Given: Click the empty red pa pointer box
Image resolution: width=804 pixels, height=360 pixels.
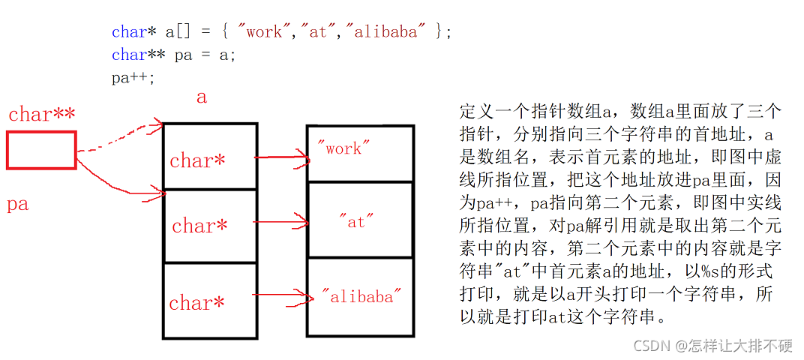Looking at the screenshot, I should click(x=41, y=150).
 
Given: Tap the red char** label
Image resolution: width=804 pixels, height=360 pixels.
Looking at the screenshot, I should click(x=42, y=114).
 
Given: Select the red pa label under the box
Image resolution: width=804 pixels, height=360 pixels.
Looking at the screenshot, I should click(x=17, y=203).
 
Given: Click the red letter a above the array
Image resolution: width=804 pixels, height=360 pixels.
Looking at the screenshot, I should click(x=201, y=97).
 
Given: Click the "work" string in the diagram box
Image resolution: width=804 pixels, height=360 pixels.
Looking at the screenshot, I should click(x=344, y=148).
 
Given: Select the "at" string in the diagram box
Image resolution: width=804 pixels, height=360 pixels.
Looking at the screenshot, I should click(x=356, y=221).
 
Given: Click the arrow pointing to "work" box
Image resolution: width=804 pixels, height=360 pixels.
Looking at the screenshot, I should click(x=281, y=157).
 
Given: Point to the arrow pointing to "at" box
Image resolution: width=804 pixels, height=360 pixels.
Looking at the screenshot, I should click(x=281, y=221).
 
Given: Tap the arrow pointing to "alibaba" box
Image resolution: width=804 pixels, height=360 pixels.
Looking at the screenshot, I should click(x=281, y=297).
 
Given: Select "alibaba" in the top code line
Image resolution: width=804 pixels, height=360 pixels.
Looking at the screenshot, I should click(x=389, y=32).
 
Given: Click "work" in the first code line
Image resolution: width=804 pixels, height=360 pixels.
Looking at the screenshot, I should click(x=263, y=32).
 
